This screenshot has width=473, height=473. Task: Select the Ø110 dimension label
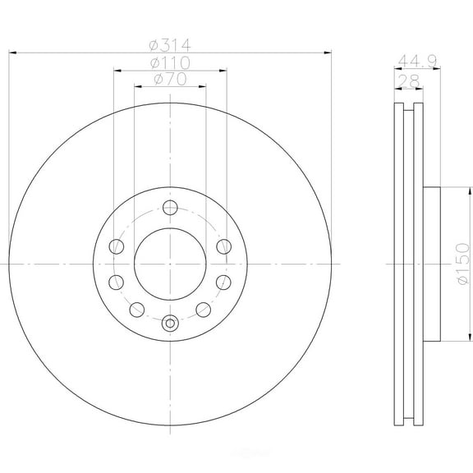[x=170, y=62]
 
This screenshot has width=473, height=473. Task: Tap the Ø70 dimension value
[x=170, y=80]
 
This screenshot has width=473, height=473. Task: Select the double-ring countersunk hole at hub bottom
[x=170, y=322]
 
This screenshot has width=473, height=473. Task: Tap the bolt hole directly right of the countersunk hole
[x=202, y=310]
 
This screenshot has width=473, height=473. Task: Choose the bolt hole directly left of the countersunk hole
[x=138, y=310]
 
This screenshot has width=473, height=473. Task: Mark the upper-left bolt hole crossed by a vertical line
[x=117, y=246]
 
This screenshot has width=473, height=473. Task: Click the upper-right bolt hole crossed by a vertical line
[x=223, y=246]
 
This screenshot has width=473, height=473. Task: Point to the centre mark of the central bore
[x=170, y=263]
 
